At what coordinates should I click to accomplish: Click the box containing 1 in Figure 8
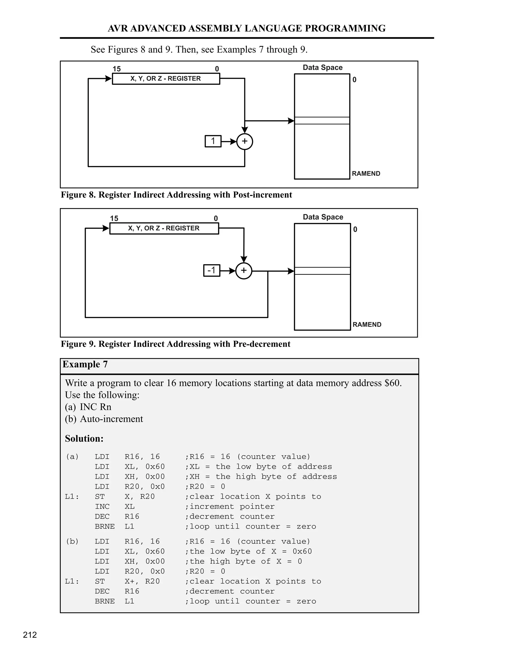213,141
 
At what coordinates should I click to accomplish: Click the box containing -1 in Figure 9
212,270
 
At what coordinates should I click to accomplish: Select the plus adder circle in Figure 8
245,141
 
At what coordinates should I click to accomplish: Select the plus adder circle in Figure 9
244,271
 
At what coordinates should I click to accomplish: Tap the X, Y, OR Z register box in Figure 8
166,79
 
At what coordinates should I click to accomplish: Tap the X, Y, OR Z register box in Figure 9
164,228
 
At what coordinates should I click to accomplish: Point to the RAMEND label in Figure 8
366,174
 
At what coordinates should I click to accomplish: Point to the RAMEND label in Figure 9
367,325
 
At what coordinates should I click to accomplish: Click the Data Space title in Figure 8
323,68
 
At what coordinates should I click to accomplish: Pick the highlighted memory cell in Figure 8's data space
322,120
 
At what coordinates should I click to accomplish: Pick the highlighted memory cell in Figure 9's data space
322,271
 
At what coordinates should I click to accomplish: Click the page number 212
30,635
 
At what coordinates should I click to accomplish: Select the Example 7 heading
85,364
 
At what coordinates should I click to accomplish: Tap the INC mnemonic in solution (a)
102,507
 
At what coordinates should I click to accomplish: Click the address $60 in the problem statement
392,383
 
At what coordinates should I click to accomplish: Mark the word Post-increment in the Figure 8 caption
262,195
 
